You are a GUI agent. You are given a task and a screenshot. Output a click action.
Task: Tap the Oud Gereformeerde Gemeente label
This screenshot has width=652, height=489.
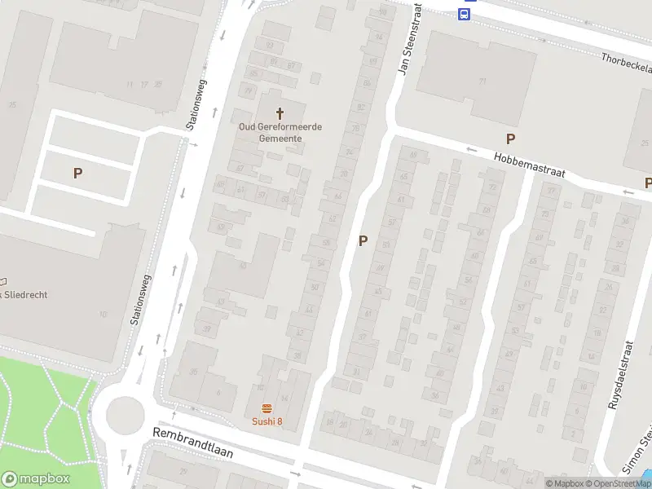click(x=280, y=132)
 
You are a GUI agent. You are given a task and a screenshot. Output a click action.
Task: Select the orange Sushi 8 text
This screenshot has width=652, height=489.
click(x=267, y=421)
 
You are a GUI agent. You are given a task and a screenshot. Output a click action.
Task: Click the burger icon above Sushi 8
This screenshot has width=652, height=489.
click(x=267, y=407)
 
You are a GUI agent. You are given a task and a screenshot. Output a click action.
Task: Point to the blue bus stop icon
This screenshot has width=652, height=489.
click(x=465, y=15)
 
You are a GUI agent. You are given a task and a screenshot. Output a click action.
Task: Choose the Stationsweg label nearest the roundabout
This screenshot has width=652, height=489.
click(x=141, y=299)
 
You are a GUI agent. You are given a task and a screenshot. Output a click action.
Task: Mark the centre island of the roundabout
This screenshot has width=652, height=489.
click(x=125, y=415)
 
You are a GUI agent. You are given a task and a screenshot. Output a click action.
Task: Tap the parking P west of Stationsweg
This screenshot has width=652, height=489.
click(x=78, y=173)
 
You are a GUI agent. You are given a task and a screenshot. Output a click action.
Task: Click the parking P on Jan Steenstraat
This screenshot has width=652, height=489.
click(x=363, y=240)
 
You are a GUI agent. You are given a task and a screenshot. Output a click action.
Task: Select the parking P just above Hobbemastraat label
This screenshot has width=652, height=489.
click(x=511, y=139)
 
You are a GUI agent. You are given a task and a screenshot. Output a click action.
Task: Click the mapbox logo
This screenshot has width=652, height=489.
click(x=36, y=479)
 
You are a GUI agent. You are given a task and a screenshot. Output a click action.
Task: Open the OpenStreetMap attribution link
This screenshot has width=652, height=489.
click(x=623, y=483)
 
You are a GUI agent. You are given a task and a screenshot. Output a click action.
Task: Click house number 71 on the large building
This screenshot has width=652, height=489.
click(x=482, y=81)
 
